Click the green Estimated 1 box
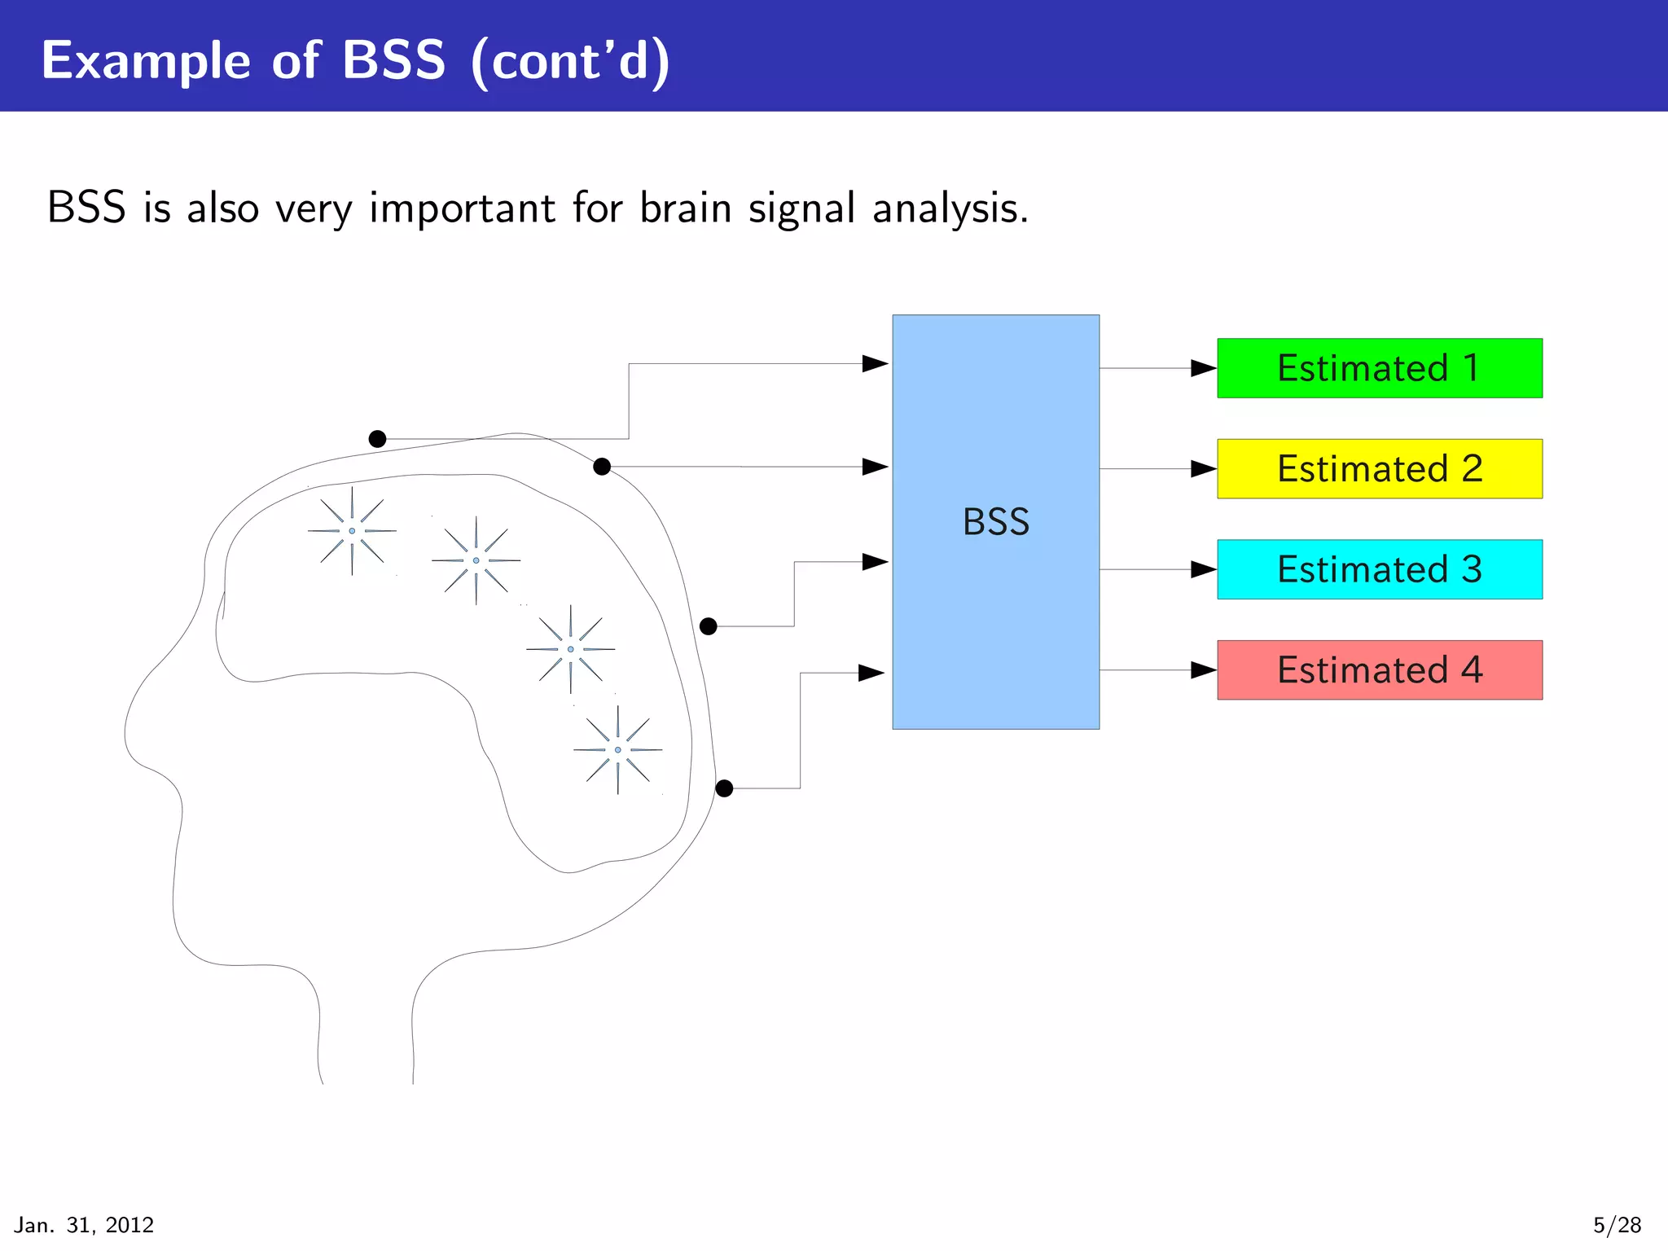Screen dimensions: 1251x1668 tap(1379, 368)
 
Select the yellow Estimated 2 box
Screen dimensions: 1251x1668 tap(1379, 469)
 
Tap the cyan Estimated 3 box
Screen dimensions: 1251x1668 tap(1379, 569)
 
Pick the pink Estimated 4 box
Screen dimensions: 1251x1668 tap(1379, 670)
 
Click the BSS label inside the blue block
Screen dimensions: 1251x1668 tap(995, 522)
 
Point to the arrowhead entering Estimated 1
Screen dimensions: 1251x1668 tap(1203, 368)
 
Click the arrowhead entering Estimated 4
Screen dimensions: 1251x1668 tap(1203, 670)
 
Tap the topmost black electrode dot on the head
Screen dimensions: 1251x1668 tap(377, 439)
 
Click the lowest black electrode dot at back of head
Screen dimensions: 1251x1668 tap(724, 788)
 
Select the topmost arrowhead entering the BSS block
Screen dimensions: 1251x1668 tap(875, 364)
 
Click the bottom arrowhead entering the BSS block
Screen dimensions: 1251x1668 tap(871, 674)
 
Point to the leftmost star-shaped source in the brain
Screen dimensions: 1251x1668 tap(352, 531)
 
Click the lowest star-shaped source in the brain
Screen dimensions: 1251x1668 tap(617, 750)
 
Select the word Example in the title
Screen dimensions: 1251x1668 tap(146, 61)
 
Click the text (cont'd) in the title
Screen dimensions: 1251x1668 tap(570, 61)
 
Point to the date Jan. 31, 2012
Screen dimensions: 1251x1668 tap(84, 1225)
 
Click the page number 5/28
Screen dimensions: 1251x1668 tap(1617, 1225)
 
